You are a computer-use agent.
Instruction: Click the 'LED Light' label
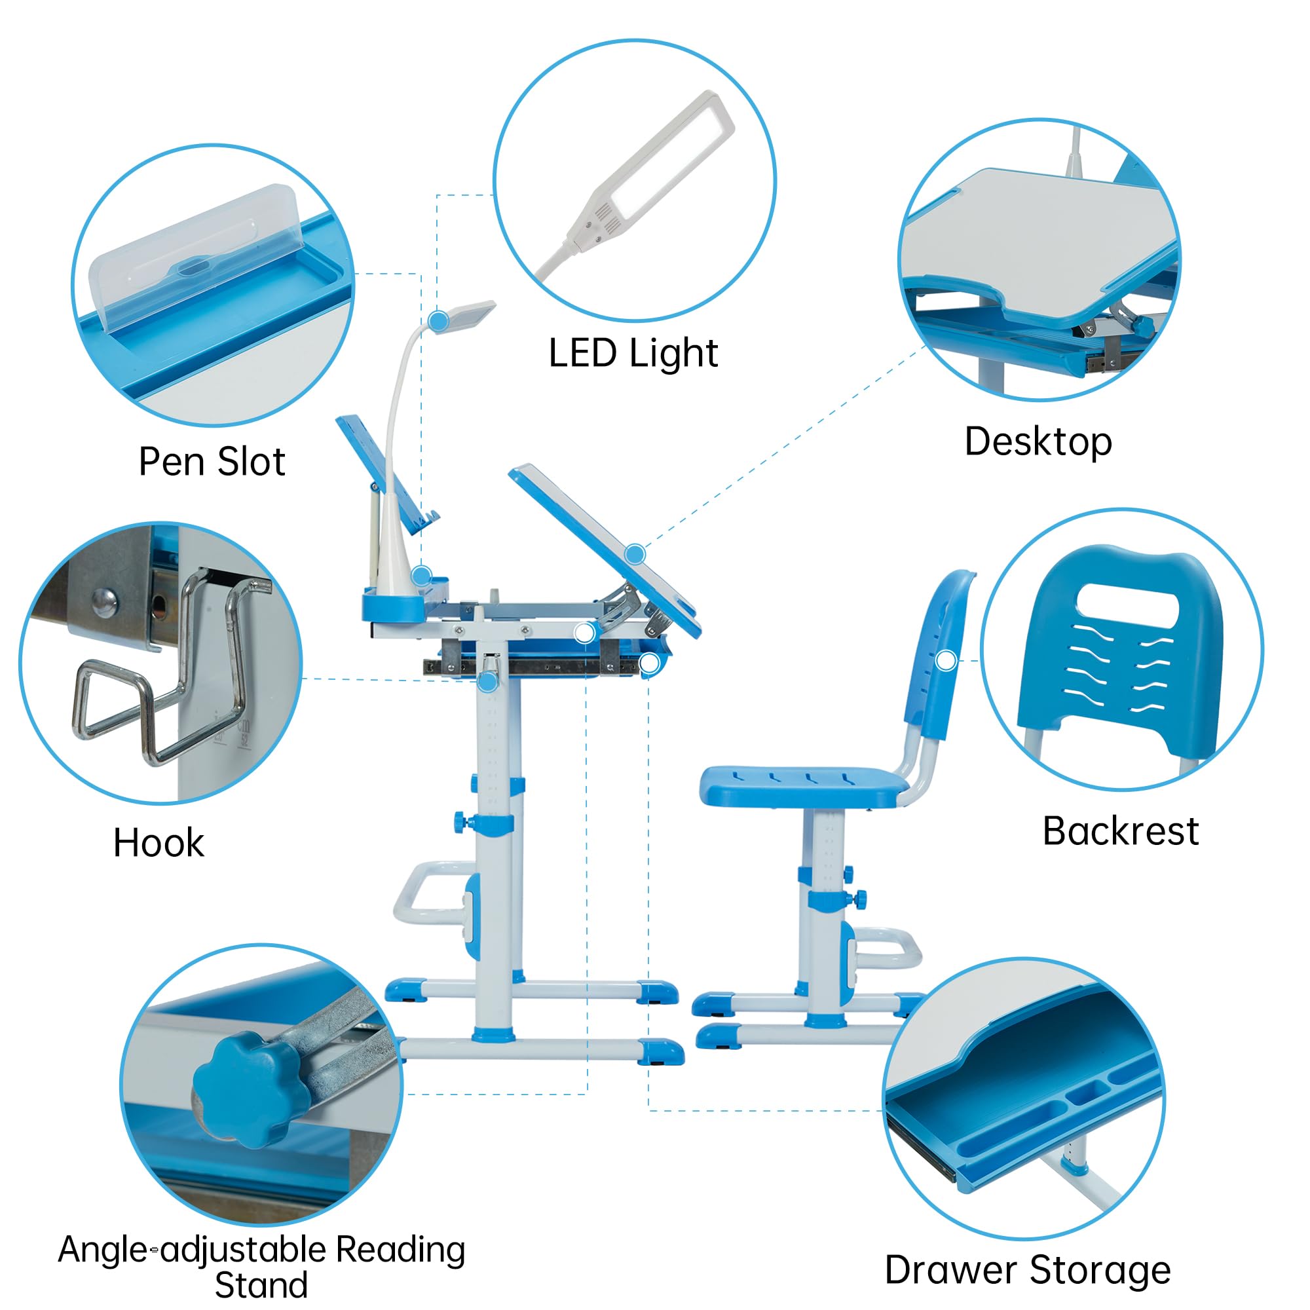pos(633,354)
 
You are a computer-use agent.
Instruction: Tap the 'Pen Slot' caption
pos(212,462)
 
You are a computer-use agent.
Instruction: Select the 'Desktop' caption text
pos(1038,442)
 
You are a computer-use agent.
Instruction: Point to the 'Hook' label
pos(158,843)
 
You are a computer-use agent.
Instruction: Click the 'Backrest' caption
pos(1120,831)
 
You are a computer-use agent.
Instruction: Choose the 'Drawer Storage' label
pos(1027,1269)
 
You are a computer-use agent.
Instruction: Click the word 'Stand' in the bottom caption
pos(261,1285)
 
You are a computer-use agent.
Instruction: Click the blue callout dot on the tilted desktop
pos(635,554)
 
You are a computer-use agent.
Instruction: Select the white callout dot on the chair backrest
pos(945,660)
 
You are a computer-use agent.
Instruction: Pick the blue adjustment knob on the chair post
pos(859,900)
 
